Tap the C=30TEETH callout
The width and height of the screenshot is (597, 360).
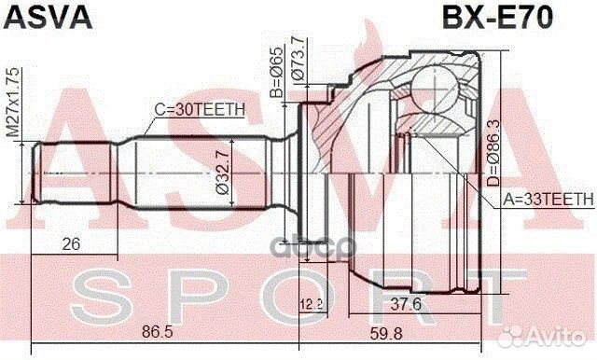click(199, 109)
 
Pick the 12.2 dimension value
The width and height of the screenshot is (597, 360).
click(312, 305)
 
